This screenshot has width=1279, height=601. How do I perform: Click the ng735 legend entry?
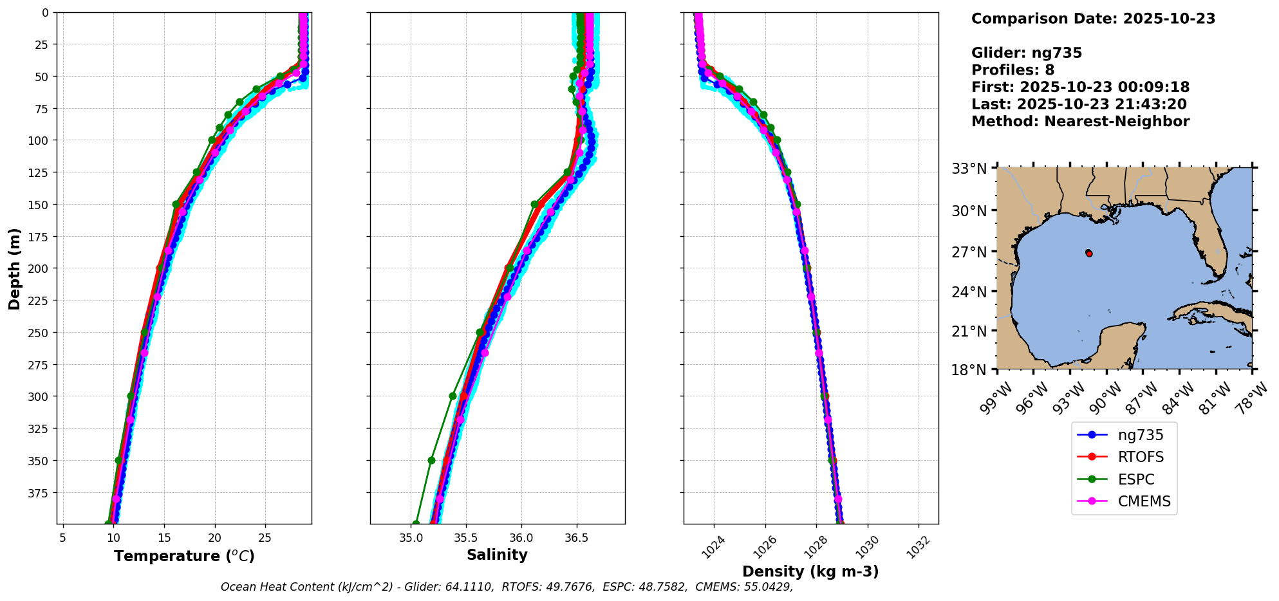pos(1140,435)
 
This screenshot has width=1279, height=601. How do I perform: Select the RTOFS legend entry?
pos(1140,458)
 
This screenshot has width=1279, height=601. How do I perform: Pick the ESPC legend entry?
pos(1135,480)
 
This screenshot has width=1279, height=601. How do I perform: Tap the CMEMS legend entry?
pos(1144,502)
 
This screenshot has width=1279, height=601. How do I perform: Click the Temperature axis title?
pos(184,556)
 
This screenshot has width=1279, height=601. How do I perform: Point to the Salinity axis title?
pos(497,555)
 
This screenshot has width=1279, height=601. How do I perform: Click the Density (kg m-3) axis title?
pos(810,571)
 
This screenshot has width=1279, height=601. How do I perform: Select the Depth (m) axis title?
pos(14,268)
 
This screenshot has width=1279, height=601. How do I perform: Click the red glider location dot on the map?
pos(1089,254)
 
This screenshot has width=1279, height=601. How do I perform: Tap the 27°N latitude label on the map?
pos(969,252)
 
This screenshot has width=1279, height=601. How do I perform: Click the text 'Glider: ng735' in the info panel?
pos(1027,53)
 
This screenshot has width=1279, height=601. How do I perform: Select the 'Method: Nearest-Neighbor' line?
pos(1080,122)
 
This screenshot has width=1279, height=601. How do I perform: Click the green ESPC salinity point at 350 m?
pos(431,461)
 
